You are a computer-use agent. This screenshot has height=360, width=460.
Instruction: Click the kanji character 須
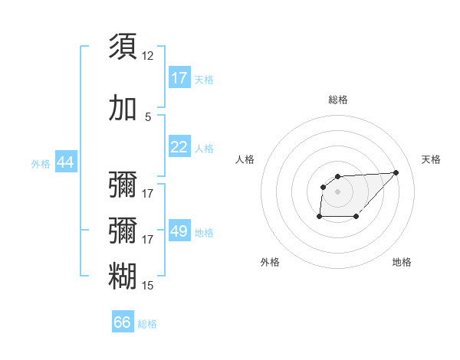point(123,46)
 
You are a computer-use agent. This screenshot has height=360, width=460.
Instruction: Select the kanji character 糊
point(123,276)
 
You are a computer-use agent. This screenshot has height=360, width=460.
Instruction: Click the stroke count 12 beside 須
point(148,56)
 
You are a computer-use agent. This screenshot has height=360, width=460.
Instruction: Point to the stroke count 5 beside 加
point(148,117)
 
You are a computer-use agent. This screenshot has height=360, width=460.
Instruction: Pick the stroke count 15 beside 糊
point(148,286)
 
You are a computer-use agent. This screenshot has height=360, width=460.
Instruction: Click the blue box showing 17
point(179,78)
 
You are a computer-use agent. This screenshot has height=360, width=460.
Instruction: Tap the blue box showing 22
point(179,147)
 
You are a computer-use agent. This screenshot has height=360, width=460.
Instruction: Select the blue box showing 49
point(179,231)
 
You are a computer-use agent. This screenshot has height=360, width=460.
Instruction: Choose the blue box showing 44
point(65,162)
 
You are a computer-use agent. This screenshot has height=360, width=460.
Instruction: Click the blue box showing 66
point(123,322)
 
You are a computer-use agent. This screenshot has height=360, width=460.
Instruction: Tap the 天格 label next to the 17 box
point(204,79)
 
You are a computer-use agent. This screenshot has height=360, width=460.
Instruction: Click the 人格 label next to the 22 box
point(204,148)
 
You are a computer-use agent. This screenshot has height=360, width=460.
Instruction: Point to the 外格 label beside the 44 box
point(41,163)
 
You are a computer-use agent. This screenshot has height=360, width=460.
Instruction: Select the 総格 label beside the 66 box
point(147,323)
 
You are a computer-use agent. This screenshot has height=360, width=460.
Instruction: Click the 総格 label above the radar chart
point(338,100)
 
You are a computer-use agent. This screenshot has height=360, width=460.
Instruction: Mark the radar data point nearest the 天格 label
point(396,172)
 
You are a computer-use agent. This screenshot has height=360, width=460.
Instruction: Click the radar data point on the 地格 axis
point(356,218)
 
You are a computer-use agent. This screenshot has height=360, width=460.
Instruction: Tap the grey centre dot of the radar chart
point(338,191)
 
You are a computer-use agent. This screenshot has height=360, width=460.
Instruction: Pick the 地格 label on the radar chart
point(402,262)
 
